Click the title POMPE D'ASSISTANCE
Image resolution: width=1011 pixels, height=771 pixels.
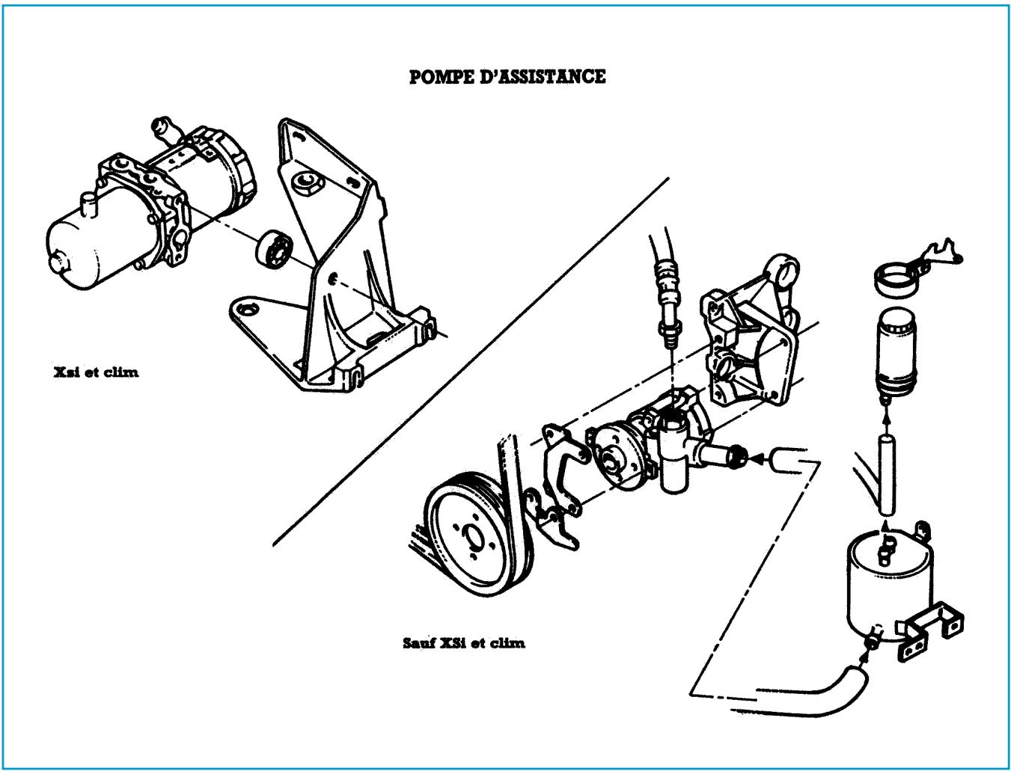(x=507, y=76)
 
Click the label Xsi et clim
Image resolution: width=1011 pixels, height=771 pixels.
(x=96, y=372)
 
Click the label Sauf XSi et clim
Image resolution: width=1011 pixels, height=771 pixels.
(x=463, y=642)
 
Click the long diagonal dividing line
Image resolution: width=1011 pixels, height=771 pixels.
(x=471, y=359)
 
